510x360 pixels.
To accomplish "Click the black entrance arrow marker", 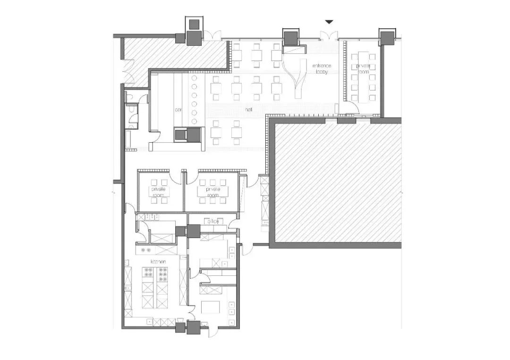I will [x=329, y=22].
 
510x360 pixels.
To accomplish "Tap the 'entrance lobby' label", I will [x=322, y=69].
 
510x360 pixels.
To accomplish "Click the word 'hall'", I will [x=248, y=109].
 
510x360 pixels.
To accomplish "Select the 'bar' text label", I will [x=178, y=109].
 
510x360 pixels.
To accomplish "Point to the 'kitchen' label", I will [x=157, y=261].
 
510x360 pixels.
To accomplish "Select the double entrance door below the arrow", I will [x=329, y=36].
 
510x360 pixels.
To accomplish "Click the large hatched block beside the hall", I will [x=337, y=182].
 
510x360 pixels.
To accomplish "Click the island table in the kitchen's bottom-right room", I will [x=210, y=307].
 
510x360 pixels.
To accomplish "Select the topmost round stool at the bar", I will [x=194, y=79].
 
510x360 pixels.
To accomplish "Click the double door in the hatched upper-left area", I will [x=127, y=73].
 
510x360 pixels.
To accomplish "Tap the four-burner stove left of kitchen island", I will [x=148, y=274].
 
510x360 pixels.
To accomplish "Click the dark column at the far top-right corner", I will [x=386, y=36].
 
